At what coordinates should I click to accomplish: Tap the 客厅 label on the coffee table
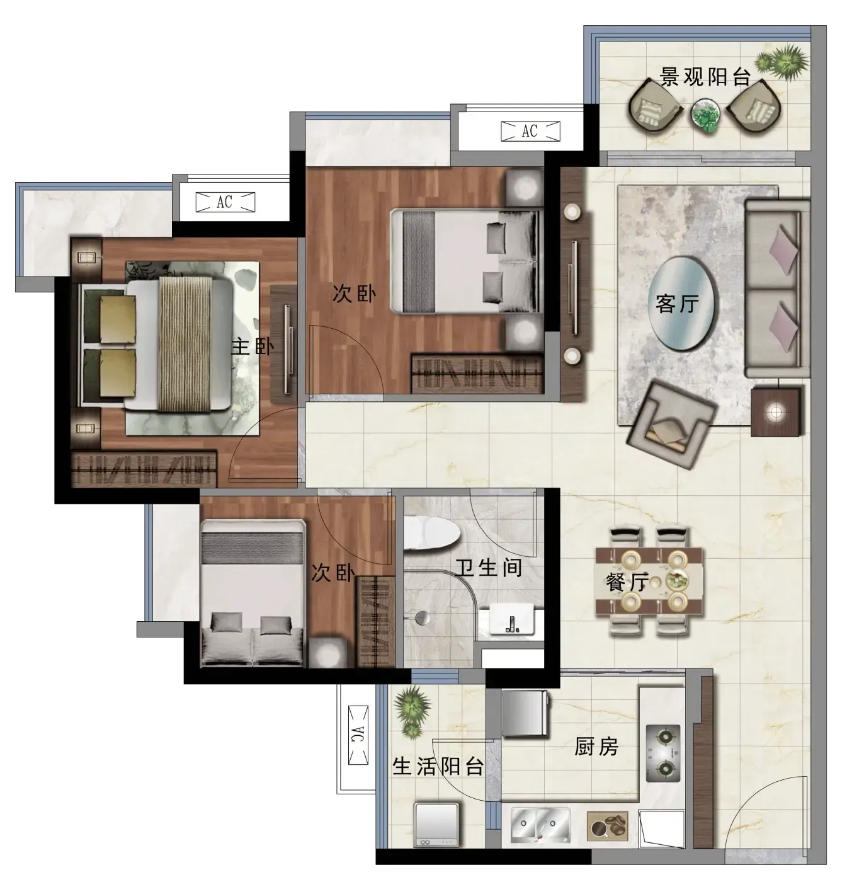click(x=677, y=303)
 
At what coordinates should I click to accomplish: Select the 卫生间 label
click(x=489, y=568)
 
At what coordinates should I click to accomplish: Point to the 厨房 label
click(x=596, y=747)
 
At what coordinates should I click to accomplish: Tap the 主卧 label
click(x=253, y=346)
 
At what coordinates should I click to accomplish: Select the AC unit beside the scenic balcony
click(x=530, y=132)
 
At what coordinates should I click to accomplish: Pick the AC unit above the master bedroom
click(x=225, y=202)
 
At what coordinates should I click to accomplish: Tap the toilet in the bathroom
click(x=431, y=532)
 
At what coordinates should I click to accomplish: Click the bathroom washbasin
click(x=511, y=619)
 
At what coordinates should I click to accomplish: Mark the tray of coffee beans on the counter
click(x=607, y=828)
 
